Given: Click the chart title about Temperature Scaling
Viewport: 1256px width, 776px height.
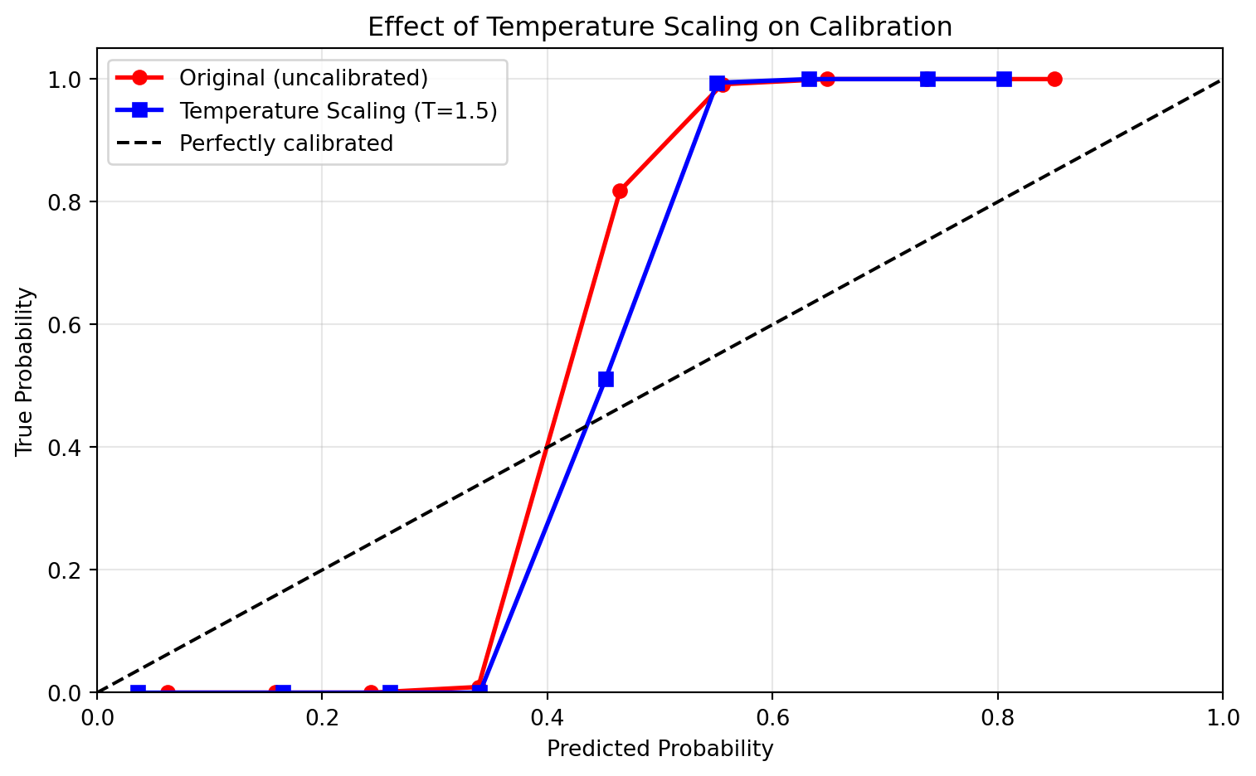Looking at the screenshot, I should pyautogui.click(x=660, y=27).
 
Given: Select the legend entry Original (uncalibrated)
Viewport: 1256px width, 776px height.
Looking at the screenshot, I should pyautogui.click(x=304, y=78).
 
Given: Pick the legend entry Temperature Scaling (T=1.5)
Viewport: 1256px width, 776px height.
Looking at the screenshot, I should pyautogui.click(x=338, y=111).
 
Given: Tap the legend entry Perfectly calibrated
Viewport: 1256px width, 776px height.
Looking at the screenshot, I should pyautogui.click(x=286, y=143).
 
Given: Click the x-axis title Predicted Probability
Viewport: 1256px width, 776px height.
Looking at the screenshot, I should pyautogui.click(x=660, y=749).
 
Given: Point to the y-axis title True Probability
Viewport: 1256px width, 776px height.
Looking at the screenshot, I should pyautogui.click(x=26, y=371).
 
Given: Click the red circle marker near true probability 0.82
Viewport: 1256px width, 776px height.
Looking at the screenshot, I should pyautogui.click(x=620, y=191).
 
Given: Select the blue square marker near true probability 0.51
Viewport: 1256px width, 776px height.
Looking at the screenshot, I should pyautogui.click(x=606, y=379).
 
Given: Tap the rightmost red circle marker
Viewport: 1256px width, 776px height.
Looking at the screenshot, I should pyautogui.click(x=1054, y=80).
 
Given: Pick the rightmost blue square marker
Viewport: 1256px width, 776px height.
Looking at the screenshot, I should pyautogui.click(x=1004, y=80).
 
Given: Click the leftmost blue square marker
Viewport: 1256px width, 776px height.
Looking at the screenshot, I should pyautogui.click(x=139, y=691).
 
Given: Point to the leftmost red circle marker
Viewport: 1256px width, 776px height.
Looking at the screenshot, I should pyautogui.click(x=168, y=691).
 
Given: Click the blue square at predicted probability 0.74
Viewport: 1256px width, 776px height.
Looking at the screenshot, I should pyautogui.click(x=927, y=80).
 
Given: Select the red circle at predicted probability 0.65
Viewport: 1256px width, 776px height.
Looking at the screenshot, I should pyautogui.click(x=827, y=80).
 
